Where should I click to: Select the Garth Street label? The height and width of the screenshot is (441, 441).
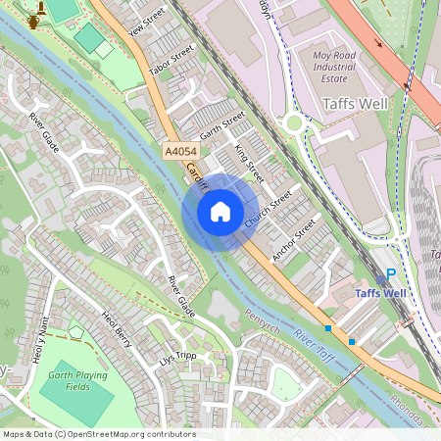click(221, 124)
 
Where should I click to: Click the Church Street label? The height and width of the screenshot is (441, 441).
click(268, 210)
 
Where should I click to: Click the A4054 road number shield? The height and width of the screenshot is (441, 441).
click(182, 152)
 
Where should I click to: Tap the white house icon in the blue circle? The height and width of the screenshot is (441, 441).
click(220, 212)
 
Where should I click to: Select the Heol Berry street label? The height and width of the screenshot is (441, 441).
click(116, 329)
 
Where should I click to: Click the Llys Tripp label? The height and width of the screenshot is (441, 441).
click(178, 358)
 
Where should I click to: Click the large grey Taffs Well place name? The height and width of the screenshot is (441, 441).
click(355, 103)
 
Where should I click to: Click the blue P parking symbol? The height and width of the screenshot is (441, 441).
click(391, 276)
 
